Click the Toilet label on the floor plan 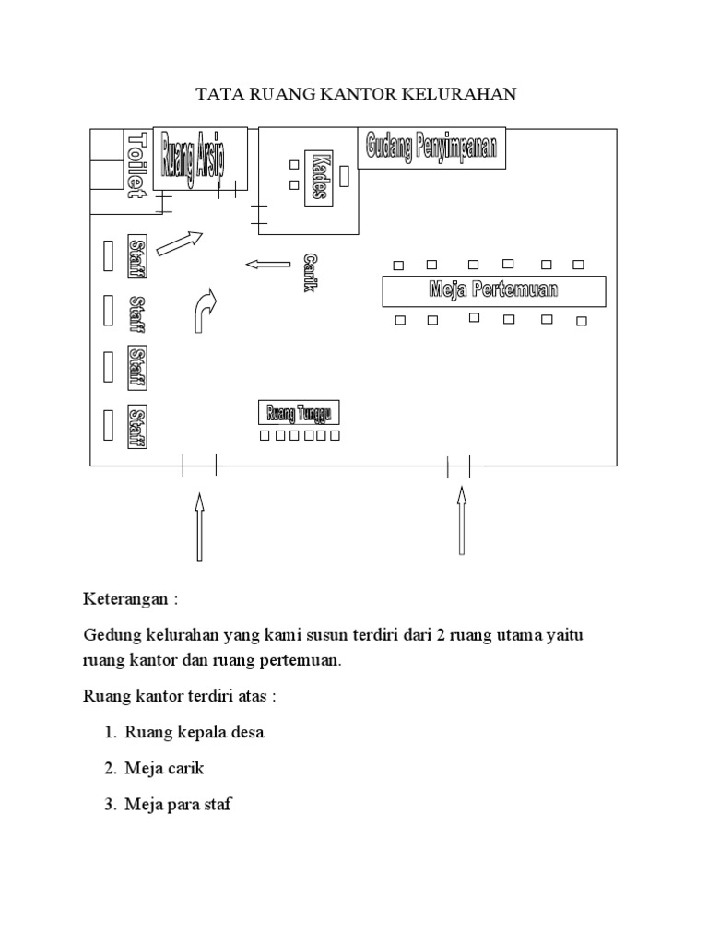coord(137,164)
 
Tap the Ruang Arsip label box coord(200,159)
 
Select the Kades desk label coord(319,175)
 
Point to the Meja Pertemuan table coord(494,290)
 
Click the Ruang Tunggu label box coord(299,411)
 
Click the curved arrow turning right coord(203,311)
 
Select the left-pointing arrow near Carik coord(267,265)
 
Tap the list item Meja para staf coord(179,804)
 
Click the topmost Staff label coord(137,254)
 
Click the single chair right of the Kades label coord(344,175)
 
